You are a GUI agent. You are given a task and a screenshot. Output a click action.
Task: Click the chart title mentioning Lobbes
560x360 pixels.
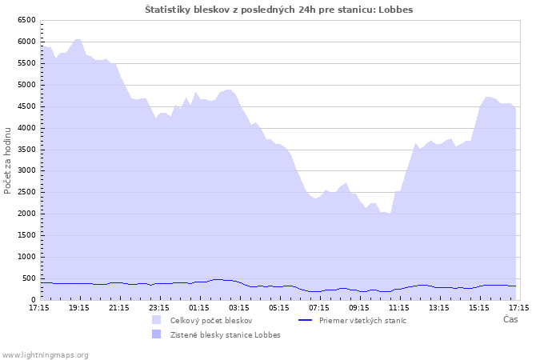279,10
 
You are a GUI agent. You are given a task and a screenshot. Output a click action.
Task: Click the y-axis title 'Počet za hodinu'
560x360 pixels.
7,161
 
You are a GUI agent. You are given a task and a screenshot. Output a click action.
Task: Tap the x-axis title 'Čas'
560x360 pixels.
510,319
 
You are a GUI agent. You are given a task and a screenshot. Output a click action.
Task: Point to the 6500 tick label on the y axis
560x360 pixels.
26,20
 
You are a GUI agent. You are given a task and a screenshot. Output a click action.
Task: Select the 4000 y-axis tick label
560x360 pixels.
26,128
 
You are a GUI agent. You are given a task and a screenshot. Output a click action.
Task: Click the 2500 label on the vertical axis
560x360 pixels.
26,192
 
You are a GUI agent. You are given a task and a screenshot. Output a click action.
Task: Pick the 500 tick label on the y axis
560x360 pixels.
29,278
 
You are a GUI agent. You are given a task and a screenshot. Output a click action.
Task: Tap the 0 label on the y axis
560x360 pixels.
34,300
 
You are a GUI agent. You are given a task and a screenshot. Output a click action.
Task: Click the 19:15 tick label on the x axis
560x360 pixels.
79,308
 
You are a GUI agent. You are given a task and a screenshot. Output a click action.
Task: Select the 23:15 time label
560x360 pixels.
159,308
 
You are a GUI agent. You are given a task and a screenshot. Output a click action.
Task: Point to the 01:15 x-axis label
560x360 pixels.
199,308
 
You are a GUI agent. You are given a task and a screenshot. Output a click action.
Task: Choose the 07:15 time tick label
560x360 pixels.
319,308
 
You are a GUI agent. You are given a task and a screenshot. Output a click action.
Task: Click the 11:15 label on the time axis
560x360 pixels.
399,308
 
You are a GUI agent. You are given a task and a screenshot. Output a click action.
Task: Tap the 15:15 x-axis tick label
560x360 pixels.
479,308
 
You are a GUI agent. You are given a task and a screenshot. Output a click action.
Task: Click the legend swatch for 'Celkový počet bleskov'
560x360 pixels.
157,320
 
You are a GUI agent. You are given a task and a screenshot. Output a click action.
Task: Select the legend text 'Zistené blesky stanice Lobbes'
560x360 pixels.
226,335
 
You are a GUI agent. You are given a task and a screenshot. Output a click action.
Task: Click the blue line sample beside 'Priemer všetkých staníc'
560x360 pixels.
306,320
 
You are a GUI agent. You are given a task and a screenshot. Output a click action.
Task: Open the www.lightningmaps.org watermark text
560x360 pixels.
45,355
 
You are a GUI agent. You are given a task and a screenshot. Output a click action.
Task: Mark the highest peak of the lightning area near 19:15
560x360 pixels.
78,39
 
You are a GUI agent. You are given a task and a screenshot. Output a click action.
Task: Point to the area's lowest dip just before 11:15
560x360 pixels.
390,214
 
